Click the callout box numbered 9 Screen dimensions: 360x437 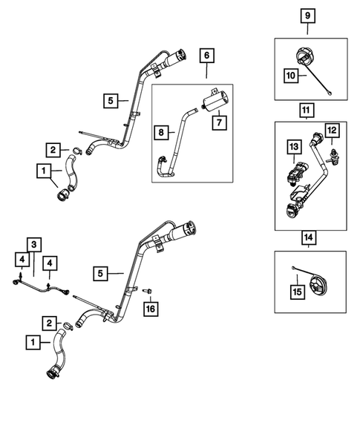click(307, 16)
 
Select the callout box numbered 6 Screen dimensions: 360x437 click(206, 56)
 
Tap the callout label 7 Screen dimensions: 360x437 click(219, 122)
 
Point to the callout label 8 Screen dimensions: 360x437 click(161, 132)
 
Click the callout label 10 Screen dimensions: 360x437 click(291, 75)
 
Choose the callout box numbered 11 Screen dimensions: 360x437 click(306, 111)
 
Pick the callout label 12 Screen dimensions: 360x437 click(332, 130)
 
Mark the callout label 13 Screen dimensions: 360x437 click(294, 147)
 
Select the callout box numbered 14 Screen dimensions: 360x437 click(308, 237)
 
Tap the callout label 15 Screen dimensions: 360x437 click(297, 292)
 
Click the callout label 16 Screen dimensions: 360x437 click(151, 309)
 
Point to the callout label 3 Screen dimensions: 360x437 click(34, 245)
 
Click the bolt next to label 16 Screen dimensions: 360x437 click(148, 291)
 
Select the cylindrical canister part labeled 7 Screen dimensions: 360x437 click(215, 101)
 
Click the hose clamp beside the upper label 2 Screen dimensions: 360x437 click(77, 151)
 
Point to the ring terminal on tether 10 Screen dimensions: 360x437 click(331, 93)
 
